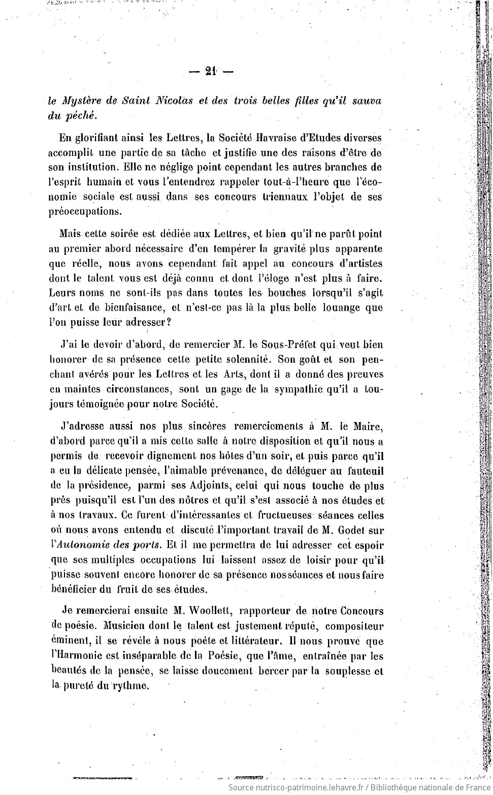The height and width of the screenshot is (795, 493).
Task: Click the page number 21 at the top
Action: click(210, 71)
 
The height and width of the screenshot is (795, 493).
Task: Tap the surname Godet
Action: click(350, 530)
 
